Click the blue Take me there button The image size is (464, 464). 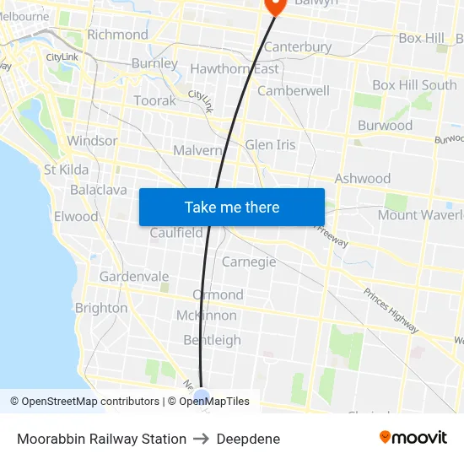pos(231,207)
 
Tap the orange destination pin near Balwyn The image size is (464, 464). pos(275,6)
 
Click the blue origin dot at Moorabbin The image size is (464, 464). pos(201,397)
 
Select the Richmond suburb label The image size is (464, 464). pos(117,35)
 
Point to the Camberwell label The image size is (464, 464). pos(294,90)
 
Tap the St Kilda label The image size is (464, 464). pos(66,170)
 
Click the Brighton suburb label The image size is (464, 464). pos(101,308)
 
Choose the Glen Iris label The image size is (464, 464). pos(270,145)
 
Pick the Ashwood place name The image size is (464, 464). pos(363,179)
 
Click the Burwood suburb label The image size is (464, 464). pos(385,126)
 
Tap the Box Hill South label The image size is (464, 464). pos(414,85)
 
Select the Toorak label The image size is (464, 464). pos(155,100)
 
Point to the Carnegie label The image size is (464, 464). pos(249,262)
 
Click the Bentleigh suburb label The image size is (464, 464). pos(212,340)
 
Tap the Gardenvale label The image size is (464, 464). pos(134,277)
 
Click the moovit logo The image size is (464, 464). pos(413,438)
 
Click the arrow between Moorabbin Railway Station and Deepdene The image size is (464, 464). pos(202,439)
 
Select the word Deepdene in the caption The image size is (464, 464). pos(248,439)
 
